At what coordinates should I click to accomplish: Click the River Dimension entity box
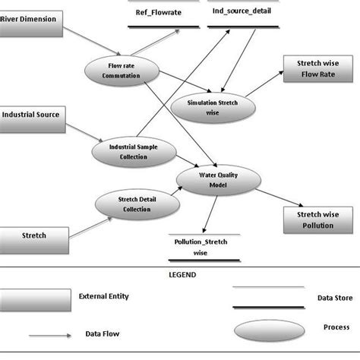pos(30,19)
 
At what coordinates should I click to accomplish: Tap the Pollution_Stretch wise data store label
pos(200,248)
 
